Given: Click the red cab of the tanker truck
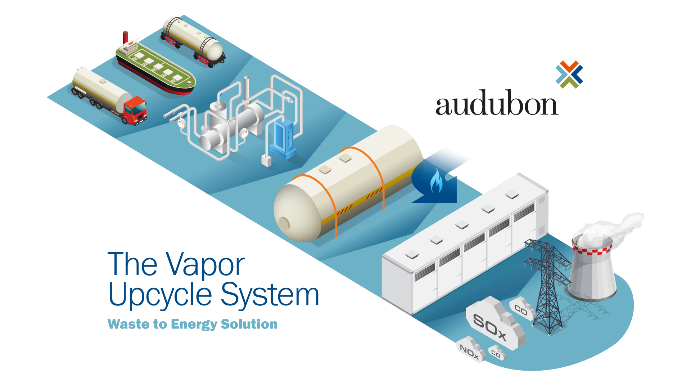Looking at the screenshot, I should point(135,110).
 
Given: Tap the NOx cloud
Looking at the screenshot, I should point(470,350).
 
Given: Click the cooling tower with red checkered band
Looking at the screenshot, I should point(592,270).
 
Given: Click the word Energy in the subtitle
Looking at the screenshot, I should point(194,325).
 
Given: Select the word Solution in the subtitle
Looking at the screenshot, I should point(249,324).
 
